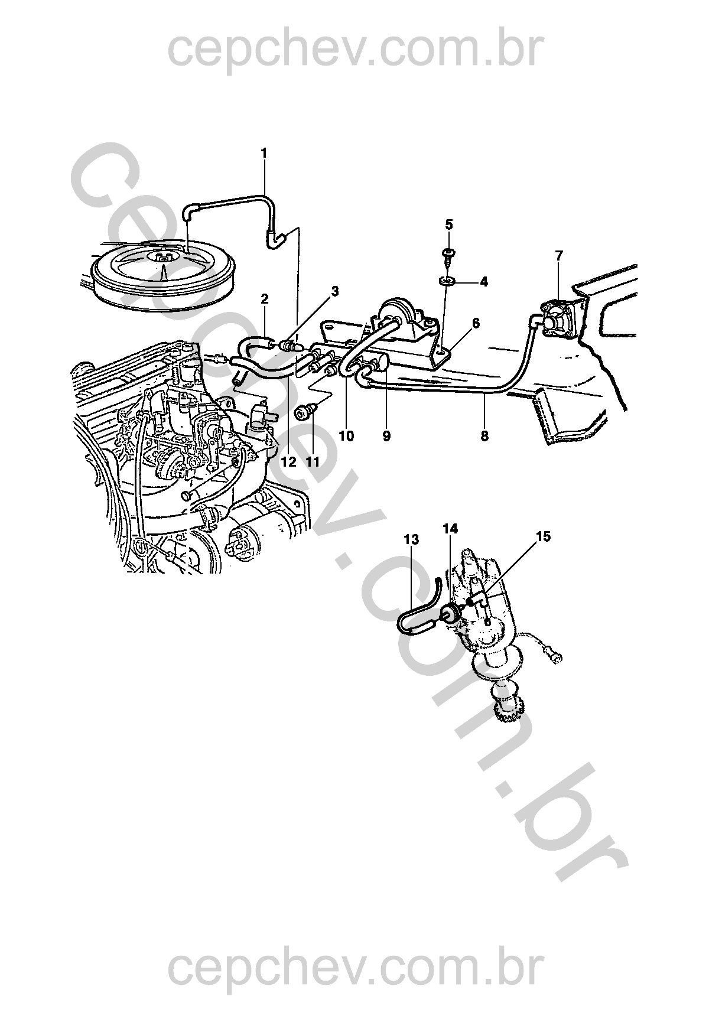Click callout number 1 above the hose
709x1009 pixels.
click(x=264, y=153)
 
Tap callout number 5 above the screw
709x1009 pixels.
click(x=449, y=224)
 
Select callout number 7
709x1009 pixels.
click(x=559, y=256)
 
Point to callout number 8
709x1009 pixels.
click(x=484, y=435)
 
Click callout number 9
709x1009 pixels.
click(x=386, y=435)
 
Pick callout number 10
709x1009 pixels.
click(x=347, y=435)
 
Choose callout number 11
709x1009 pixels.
click(x=312, y=462)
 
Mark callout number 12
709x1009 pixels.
click(x=288, y=462)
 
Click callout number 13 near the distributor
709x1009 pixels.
click(x=411, y=539)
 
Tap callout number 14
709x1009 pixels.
click(x=450, y=529)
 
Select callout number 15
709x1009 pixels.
click(x=543, y=536)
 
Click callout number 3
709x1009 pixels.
click(x=334, y=291)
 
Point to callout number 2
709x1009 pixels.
click(x=265, y=298)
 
